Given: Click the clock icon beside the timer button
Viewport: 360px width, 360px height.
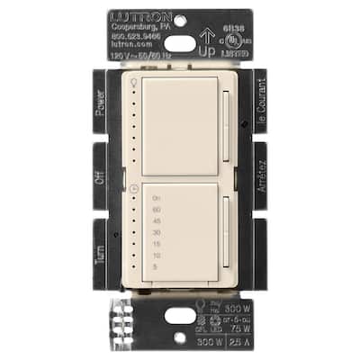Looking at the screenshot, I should (x=135, y=189).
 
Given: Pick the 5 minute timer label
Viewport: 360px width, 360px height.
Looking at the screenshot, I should (x=157, y=267).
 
